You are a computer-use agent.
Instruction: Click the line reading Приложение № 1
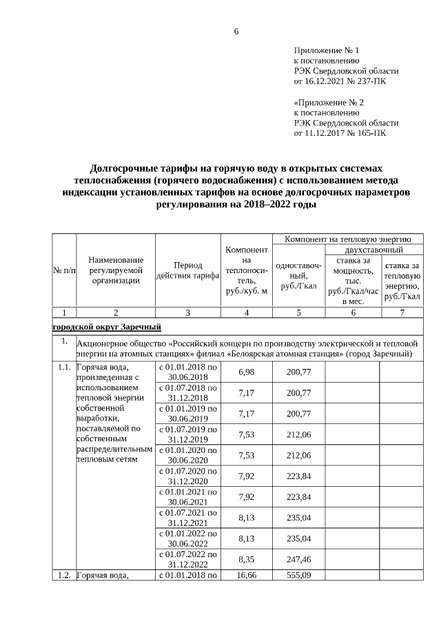click(x=327, y=50)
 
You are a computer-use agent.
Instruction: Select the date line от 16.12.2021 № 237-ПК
click(x=347, y=81)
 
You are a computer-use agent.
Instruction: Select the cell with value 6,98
click(x=247, y=372)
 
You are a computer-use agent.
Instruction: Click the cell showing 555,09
click(x=298, y=574)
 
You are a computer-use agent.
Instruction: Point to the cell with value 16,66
click(x=247, y=574)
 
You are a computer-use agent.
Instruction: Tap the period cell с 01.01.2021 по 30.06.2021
click(x=187, y=496)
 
